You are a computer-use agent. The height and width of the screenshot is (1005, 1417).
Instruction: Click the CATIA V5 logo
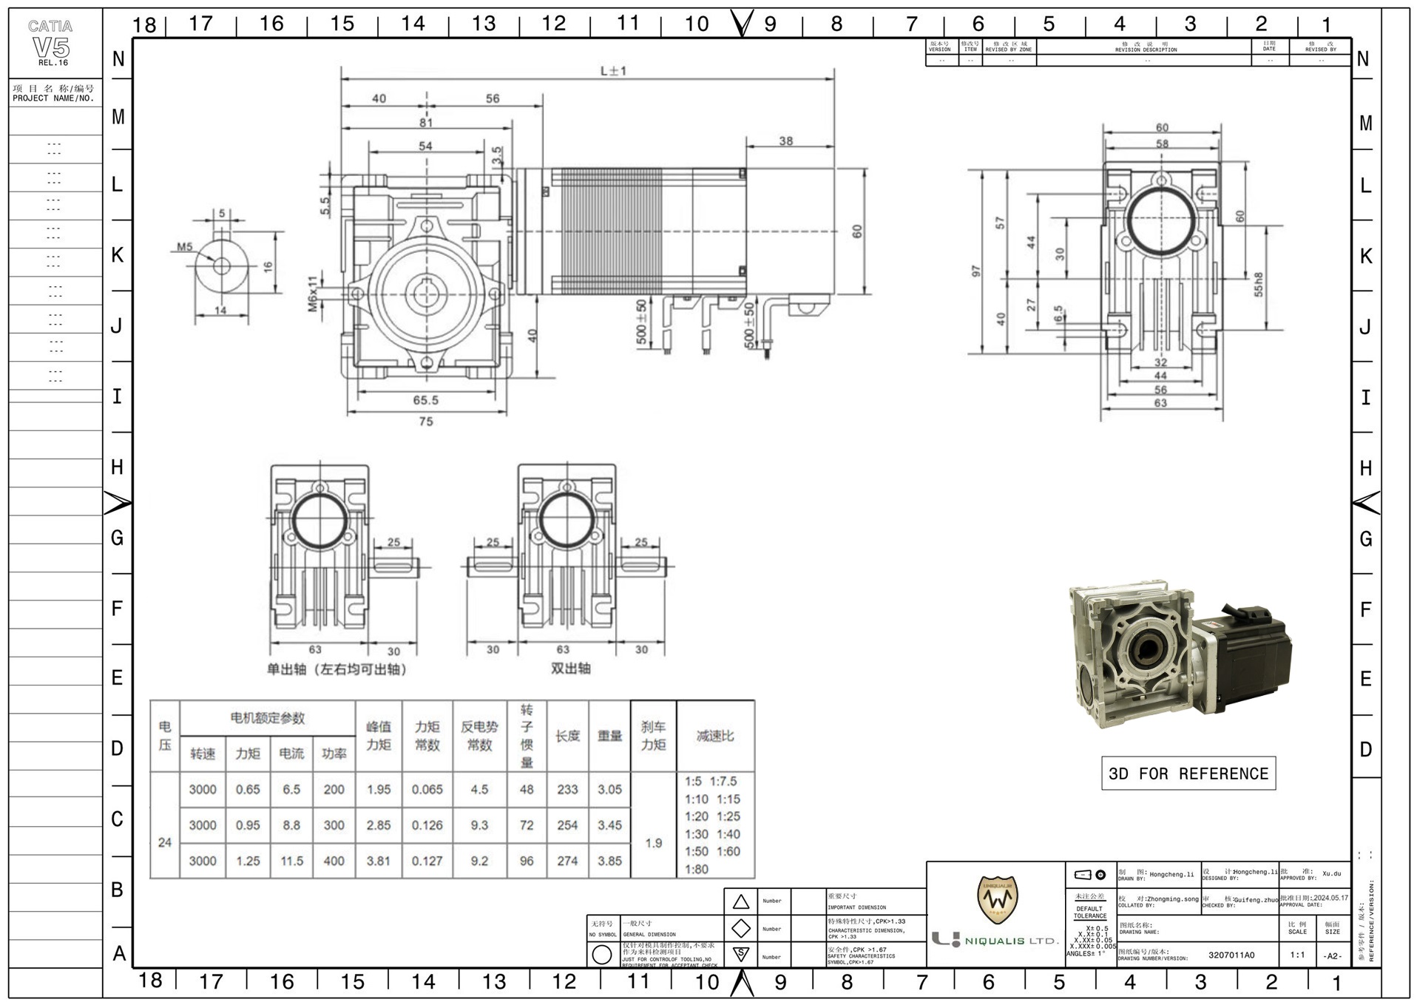[x=51, y=43]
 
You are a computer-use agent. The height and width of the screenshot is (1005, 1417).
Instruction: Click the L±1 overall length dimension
[x=613, y=71]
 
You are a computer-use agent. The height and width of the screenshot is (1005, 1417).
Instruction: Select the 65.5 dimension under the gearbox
[x=426, y=400]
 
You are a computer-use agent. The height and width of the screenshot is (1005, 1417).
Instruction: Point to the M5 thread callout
[x=184, y=247]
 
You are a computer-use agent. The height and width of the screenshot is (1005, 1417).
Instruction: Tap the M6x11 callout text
[x=313, y=294]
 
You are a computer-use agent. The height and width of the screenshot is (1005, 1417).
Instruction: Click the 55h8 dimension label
[x=1258, y=285]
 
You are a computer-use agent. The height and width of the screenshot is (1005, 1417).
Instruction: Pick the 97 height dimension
[x=976, y=271]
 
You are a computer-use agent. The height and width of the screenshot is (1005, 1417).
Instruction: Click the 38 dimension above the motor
[x=785, y=141]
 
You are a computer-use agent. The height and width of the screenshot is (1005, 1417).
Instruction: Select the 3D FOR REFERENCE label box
[x=1188, y=774]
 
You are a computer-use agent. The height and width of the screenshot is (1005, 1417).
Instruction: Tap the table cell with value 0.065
[x=427, y=790]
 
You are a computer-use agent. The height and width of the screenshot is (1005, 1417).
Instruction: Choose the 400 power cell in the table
[x=334, y=861]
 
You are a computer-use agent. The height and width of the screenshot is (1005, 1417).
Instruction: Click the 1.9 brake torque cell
[x=653, y=843]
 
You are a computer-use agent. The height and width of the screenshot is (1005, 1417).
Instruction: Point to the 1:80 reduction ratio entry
[x=697, y=869]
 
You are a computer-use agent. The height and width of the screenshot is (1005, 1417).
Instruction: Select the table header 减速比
[x=715, y=736]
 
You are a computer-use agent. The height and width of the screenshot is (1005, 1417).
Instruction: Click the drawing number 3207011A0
[x=1231, y=955]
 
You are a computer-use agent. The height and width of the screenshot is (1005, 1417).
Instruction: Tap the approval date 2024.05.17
[x=1330, y=898]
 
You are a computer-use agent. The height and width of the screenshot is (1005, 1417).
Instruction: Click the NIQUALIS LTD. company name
[x=1011, y=941]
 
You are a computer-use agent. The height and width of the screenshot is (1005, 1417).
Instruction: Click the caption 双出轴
[x=570, y=669]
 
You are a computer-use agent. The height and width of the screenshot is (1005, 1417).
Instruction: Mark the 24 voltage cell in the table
[x=165, y=842]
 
